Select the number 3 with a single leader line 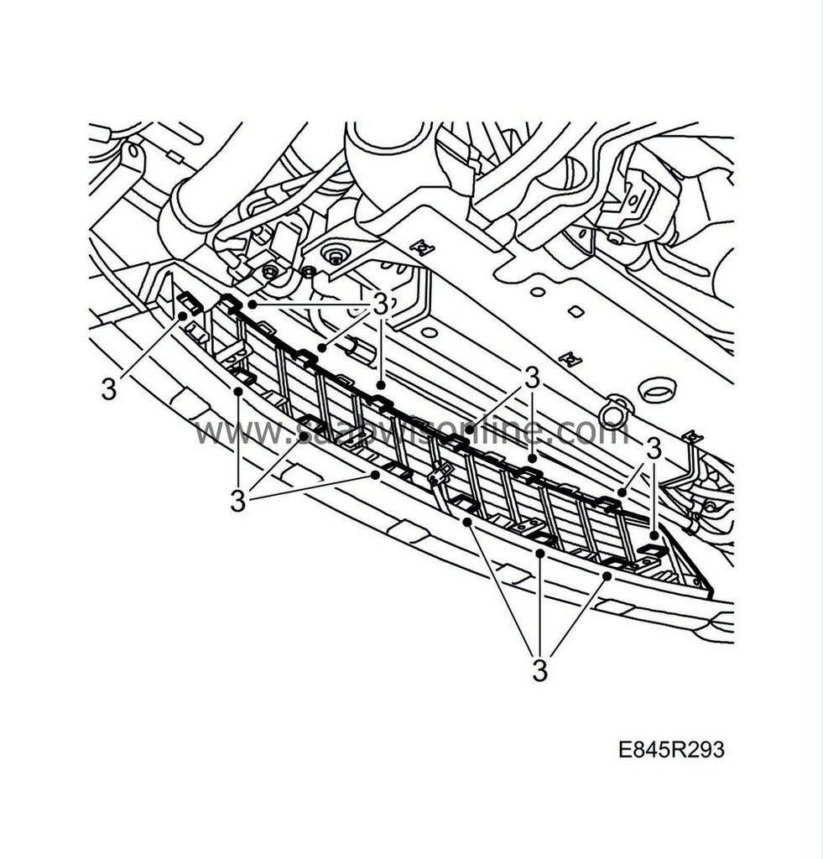tap(107, 388)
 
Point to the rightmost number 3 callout tap(654, 450)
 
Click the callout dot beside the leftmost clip tap(181, 316)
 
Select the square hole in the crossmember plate tap(575, 311)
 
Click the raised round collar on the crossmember tap(657, 390)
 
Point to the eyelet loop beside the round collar tap(614, 409)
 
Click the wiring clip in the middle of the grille tap(440, 476)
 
